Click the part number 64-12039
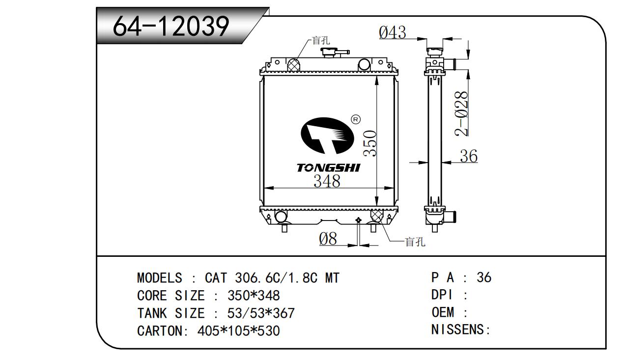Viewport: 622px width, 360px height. (171, 27)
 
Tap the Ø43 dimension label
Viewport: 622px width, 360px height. (393, 33)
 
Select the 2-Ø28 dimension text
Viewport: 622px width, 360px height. (461, 113)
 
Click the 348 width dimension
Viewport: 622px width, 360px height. (327, 181)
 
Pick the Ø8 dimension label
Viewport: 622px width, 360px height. (328, 239)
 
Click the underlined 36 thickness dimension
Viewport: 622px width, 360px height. (469, 156)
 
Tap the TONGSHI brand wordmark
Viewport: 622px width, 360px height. (328, 168)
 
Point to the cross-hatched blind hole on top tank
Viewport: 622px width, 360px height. (293, 64)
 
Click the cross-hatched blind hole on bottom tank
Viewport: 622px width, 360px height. (376, 216)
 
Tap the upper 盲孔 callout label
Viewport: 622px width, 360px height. (321, 41)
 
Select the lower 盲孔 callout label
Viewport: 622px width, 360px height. (415, 242)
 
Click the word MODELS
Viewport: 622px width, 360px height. (159, 278)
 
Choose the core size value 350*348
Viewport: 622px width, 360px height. (254, 296)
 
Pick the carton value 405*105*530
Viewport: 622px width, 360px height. (238, 331)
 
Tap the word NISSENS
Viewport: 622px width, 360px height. (458, 330)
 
